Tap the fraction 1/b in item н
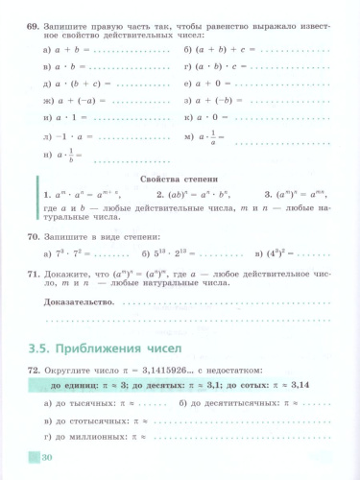72,155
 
